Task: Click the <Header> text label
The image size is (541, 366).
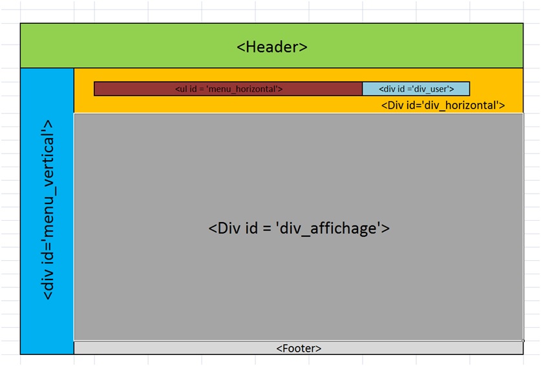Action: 272,47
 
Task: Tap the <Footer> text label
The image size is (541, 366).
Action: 299,349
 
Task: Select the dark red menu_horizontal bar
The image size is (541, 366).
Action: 228,89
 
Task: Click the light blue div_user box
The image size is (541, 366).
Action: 416,89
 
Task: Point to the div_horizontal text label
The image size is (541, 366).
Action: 443,105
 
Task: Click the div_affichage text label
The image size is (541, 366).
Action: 299,228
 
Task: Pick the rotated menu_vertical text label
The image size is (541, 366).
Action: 48,210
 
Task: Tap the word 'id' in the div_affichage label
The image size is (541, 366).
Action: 251,228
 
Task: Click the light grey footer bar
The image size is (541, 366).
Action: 299,348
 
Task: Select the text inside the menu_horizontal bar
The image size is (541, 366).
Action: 229,89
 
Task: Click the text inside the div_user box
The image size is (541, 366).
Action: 416,89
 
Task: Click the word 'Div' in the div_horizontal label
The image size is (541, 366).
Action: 395,105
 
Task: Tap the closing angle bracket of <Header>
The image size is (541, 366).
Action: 303,47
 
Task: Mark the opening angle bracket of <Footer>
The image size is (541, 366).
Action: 279,349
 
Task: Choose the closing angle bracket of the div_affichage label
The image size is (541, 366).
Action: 386,229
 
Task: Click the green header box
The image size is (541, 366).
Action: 272,45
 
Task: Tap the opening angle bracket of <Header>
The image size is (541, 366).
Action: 241,47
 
